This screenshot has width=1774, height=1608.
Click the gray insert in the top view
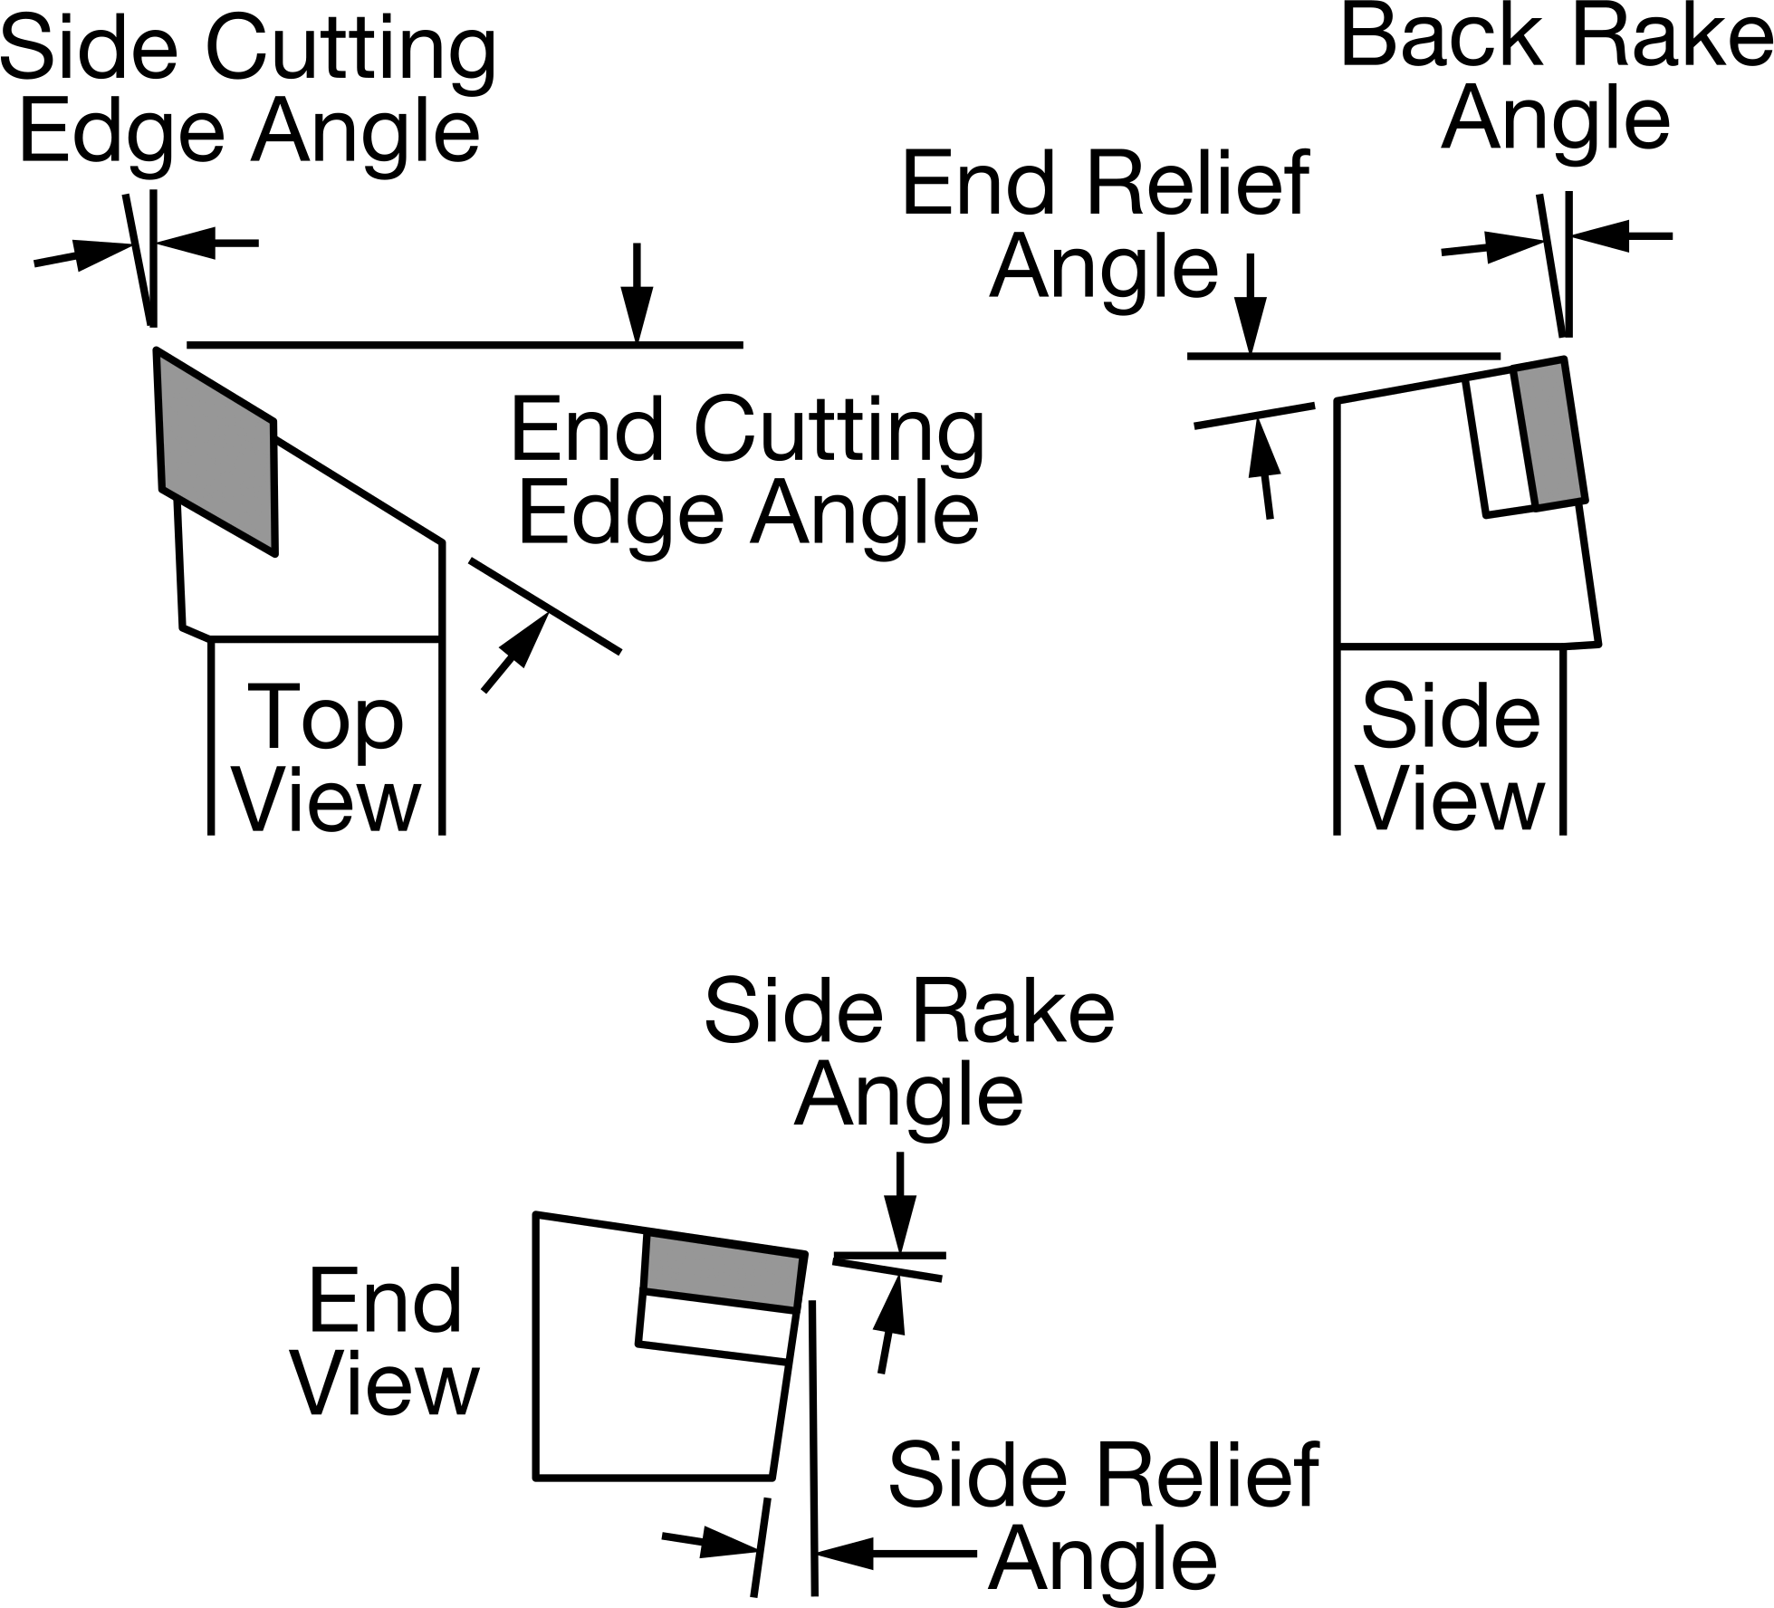pos(217,450)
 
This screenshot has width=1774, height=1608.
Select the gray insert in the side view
pos(1550,433)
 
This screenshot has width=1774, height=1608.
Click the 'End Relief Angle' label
pos(1105,225)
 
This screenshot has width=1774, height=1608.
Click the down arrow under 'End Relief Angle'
pos(1251,304)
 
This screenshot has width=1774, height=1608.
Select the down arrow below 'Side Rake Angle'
pos(899,1202)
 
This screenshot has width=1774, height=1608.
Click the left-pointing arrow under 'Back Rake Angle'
pos(1622,236)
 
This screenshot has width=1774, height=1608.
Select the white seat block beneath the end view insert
pos(714,1326)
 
